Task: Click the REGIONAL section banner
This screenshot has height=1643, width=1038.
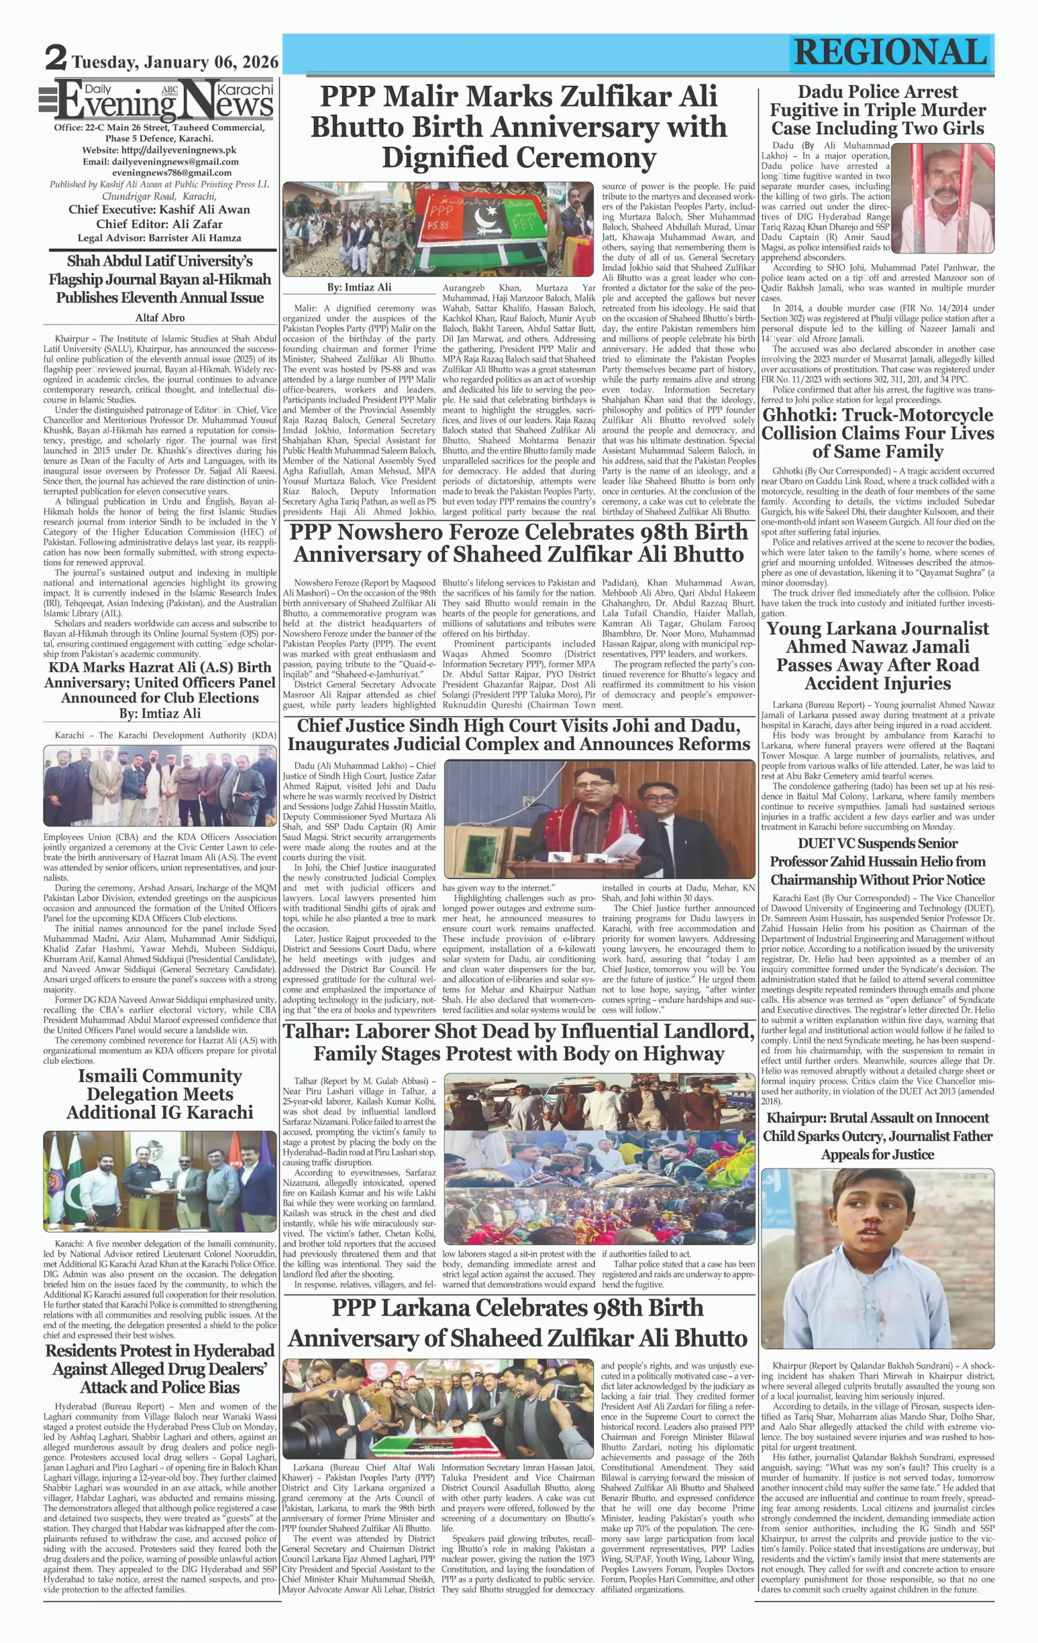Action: click(x=890, y=53)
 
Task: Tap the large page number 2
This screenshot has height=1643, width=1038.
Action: click(x=56, y=58)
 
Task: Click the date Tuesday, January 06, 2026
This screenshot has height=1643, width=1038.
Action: click(x=175, y=62)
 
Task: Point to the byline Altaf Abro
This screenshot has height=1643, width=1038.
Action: click(x=160, y=317)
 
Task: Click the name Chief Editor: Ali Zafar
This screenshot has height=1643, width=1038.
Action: click(x=159, y=224)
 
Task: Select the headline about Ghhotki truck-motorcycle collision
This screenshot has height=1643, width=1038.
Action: click(x=878, y=433)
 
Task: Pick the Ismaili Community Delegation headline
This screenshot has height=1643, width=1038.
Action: click(x=160, y=1094)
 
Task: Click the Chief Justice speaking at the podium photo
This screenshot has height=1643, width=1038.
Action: click(x=599, y=819)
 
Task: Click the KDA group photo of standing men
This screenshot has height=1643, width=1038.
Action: click(x=160, y=786)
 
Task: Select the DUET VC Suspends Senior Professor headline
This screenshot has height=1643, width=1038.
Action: click(x=878, y=861)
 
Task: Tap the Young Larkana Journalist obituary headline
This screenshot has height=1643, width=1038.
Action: click(x=878, y=656)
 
